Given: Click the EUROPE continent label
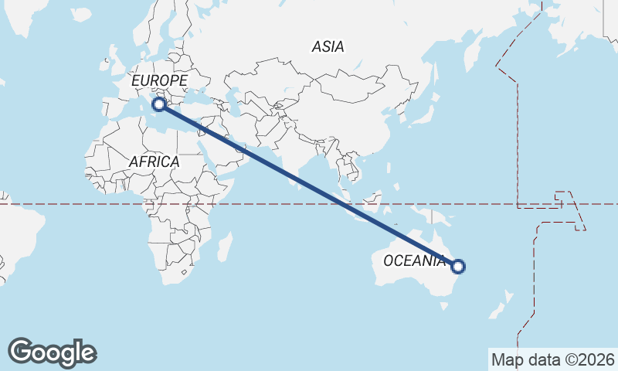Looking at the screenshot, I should tap(159, 80).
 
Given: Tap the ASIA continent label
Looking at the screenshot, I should tap(328, 47).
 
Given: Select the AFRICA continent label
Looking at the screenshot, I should tap(154, 162).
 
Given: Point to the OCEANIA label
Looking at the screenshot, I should tap(414, 260).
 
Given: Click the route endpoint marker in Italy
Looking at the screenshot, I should tap(159, 104).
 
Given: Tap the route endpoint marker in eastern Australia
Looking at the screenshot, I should tap(457, 267).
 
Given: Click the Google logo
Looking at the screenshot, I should tap(52, 352).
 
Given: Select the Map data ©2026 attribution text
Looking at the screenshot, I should tap(552, 359).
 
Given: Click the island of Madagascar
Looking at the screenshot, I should tap(225, 247).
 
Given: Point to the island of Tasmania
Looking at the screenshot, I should tap(443, 306).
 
